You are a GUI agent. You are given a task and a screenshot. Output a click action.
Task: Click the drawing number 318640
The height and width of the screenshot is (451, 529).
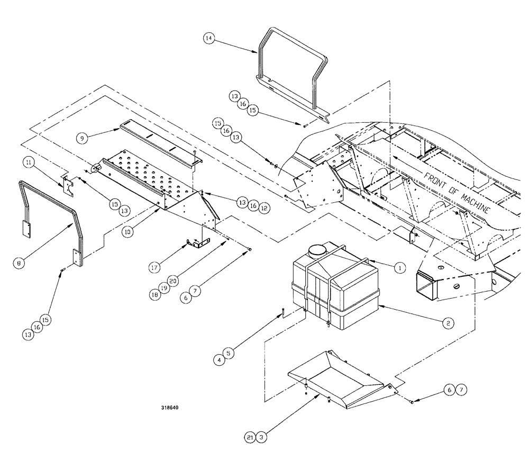tap(171, 408)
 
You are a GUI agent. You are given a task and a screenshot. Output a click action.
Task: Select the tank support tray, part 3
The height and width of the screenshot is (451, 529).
tap(339, 378)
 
